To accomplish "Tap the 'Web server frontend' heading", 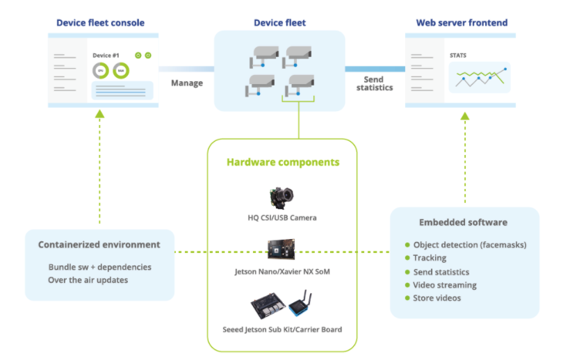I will tap(460, 22).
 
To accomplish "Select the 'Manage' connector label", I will tap(187, 83).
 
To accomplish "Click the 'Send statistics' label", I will tap(375, 83).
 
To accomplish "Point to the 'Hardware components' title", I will tap(282, 162).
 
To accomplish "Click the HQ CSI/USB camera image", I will tap(281, 197).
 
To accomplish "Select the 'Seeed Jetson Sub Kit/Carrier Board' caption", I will tap(282, 329).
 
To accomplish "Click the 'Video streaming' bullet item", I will tap(444, 285).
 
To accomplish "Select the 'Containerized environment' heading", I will tap(99, 245).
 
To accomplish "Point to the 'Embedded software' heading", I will tap(463, 222).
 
